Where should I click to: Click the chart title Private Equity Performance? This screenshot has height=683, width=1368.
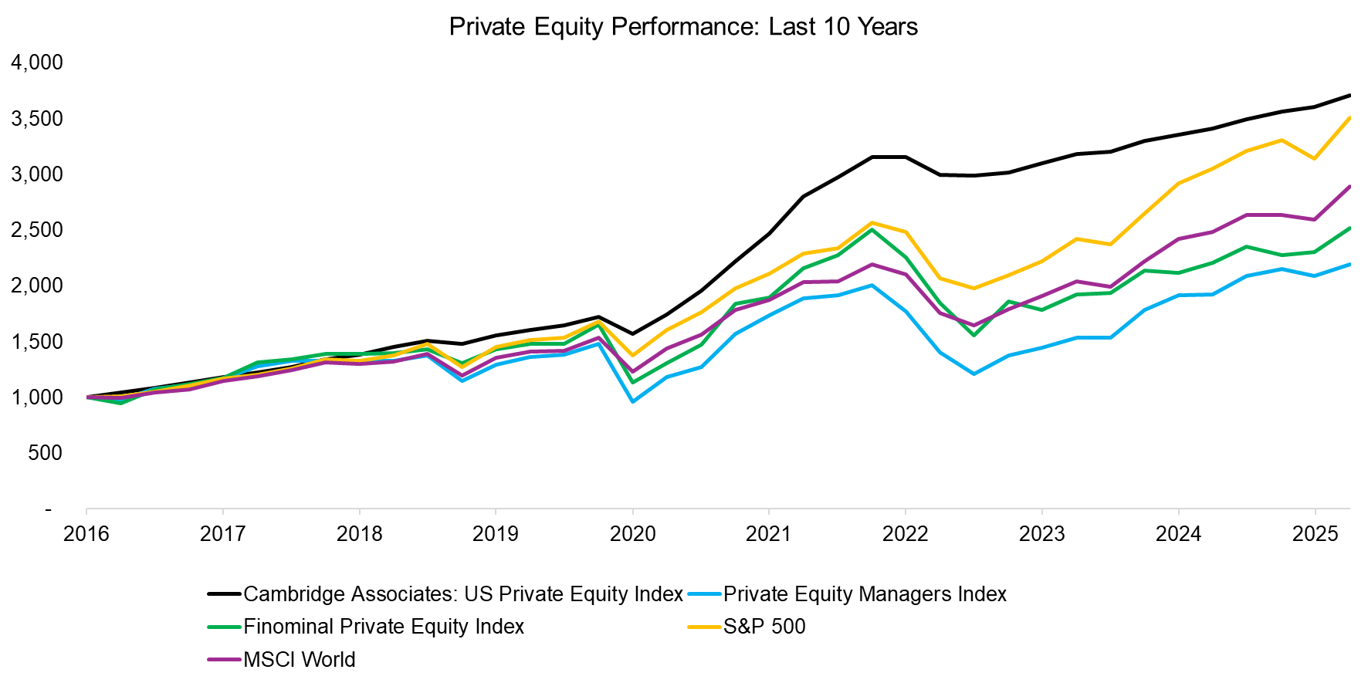[x=683, y=26]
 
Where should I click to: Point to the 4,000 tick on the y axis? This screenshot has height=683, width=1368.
[x=37, y=63]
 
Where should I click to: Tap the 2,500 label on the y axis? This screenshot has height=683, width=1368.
[x=37, y=230]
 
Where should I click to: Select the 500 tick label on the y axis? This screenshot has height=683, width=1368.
[x=45, y=453]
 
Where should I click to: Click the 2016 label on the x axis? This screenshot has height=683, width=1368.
[x=86, y=534]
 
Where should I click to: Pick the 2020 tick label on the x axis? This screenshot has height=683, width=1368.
[x=632, y=534]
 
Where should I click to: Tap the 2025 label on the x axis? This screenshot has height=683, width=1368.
[x=1315, y=534]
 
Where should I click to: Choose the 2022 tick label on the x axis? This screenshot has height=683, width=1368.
[x=905, y=534]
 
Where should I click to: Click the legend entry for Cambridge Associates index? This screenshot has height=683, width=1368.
[x=462, y=593]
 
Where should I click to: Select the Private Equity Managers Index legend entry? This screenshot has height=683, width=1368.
[x=864, y=593]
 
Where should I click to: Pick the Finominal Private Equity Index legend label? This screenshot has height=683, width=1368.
[x=383, y=627]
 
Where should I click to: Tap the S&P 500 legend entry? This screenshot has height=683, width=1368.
[x=764, y=627]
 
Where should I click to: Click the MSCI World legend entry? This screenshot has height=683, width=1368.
[x=299, y=660]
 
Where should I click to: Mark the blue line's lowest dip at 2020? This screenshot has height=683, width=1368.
[x=632, y=401]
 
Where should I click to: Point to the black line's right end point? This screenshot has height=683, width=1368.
[x=1349, y=96]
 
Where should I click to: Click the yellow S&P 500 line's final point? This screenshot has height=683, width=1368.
[x=1349, y=118]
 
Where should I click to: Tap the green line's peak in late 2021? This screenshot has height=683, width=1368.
[x=872, y=229]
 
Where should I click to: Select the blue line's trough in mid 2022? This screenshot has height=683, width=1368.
[x=974, y=374]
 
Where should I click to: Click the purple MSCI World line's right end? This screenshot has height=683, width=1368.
[x=1349, y=187]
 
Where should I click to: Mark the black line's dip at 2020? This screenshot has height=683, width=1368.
[x=632, y=333]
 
